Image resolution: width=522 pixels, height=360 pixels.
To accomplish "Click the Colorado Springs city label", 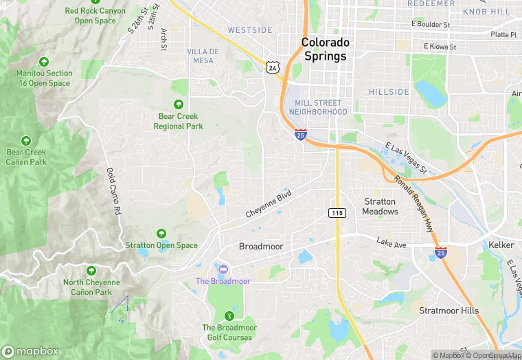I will [326, 49].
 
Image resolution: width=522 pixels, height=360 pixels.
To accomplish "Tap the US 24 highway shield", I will [273, 67].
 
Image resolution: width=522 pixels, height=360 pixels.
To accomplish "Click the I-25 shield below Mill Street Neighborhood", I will [301, 135].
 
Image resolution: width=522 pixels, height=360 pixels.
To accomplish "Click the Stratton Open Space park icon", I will [161, 234].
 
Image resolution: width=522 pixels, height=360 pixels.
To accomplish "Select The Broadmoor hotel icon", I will [223, 269].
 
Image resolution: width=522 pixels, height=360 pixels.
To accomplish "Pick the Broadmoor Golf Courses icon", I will [229, 315].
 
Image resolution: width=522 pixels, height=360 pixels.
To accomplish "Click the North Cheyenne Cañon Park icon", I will [92, 271].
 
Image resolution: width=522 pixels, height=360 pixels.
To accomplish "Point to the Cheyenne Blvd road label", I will [269, 204].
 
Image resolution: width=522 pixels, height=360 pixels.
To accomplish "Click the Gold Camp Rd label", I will [113, 192].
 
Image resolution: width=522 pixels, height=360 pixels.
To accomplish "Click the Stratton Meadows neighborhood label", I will [380, 206].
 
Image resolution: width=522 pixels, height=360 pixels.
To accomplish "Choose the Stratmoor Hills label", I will [449, 311].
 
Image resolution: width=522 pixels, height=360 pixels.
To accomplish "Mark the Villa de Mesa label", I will [203, 56].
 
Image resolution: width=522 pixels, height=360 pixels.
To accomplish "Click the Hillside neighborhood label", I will [389, 91].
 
